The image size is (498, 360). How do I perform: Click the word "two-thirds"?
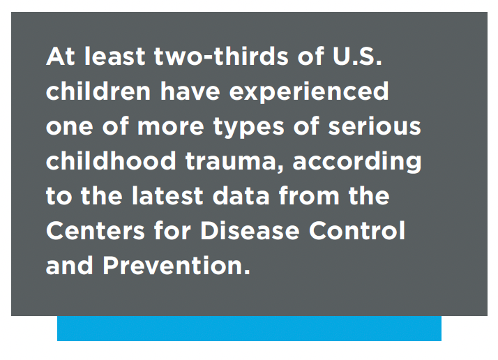pyautogui.click(x=221, y=57)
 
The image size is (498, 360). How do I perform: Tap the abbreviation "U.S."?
pyautogui.click(x=357, y=57)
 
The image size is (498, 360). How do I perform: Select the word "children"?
pyautogui.click(x=98, y=91)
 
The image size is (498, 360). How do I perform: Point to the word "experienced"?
pyautogui.click(x=309, y=92)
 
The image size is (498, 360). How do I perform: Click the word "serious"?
pyautogui.click(x=375, y=126)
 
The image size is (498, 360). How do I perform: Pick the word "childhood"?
pyautogui.click(x=111, y=160)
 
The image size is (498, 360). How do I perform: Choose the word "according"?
pyautogui.click(x=356, y=163)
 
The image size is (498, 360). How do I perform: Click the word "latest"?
pyautogui.click(x=167, y=195)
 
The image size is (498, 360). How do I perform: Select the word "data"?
pyautogui.click(x=241, y=195)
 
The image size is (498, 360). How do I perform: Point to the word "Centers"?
pyautogui.click(x=96, y=230)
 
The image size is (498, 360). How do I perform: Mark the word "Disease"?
pyautogui.click(x=250, y=230)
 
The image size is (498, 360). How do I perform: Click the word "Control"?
pyautogui.click(x=357, y=230)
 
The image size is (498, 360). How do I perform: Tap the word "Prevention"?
pyautogui.click(x=176, y=265)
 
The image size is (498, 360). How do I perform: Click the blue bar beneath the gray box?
pyautogui.click(x=249, y=328)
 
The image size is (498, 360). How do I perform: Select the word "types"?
pyautogui.click(x=249, y=128)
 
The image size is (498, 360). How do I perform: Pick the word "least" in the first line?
pyautogui.click(x=115, y=57)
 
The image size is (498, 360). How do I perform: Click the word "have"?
pyautogui.click(x=190, y=91)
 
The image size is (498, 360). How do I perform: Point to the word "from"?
pyautogui.click(x=309, y=195)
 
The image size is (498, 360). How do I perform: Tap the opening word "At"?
pyautogui.click(x=61, y=57)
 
